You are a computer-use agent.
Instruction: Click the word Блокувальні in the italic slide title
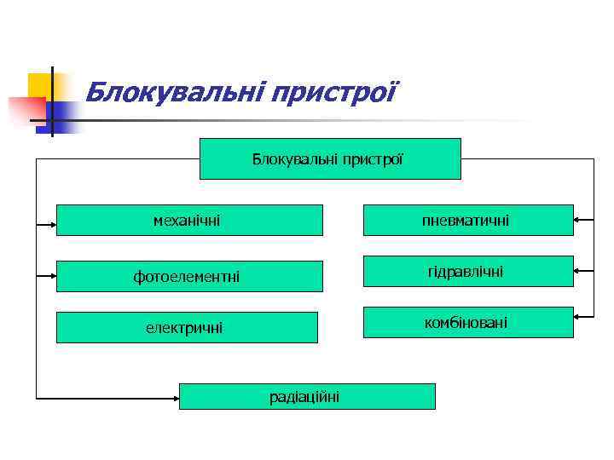174,90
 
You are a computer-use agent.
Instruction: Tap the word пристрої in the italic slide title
333,90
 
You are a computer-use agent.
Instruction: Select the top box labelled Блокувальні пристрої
330,158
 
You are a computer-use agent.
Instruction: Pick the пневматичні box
468,220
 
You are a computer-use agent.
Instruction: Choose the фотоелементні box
189,276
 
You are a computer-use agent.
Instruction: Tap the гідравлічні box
468,271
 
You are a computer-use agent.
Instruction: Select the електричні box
189,327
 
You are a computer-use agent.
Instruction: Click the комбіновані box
468,322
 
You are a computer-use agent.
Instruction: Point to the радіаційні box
307,396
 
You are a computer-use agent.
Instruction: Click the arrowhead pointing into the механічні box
52,225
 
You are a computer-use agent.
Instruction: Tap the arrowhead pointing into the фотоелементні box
52,276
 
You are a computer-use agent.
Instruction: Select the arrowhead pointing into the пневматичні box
578,220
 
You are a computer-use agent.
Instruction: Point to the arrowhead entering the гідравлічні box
578,271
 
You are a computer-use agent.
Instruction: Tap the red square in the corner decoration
24,109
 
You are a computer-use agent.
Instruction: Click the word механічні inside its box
187,221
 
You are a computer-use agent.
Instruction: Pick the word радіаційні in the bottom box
304,396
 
